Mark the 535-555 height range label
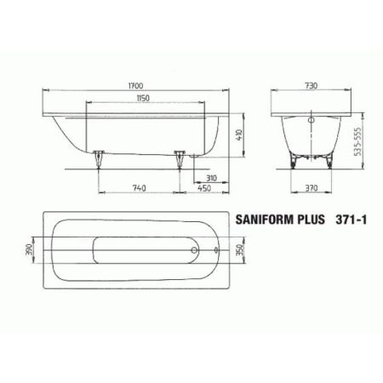(372, 134)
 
